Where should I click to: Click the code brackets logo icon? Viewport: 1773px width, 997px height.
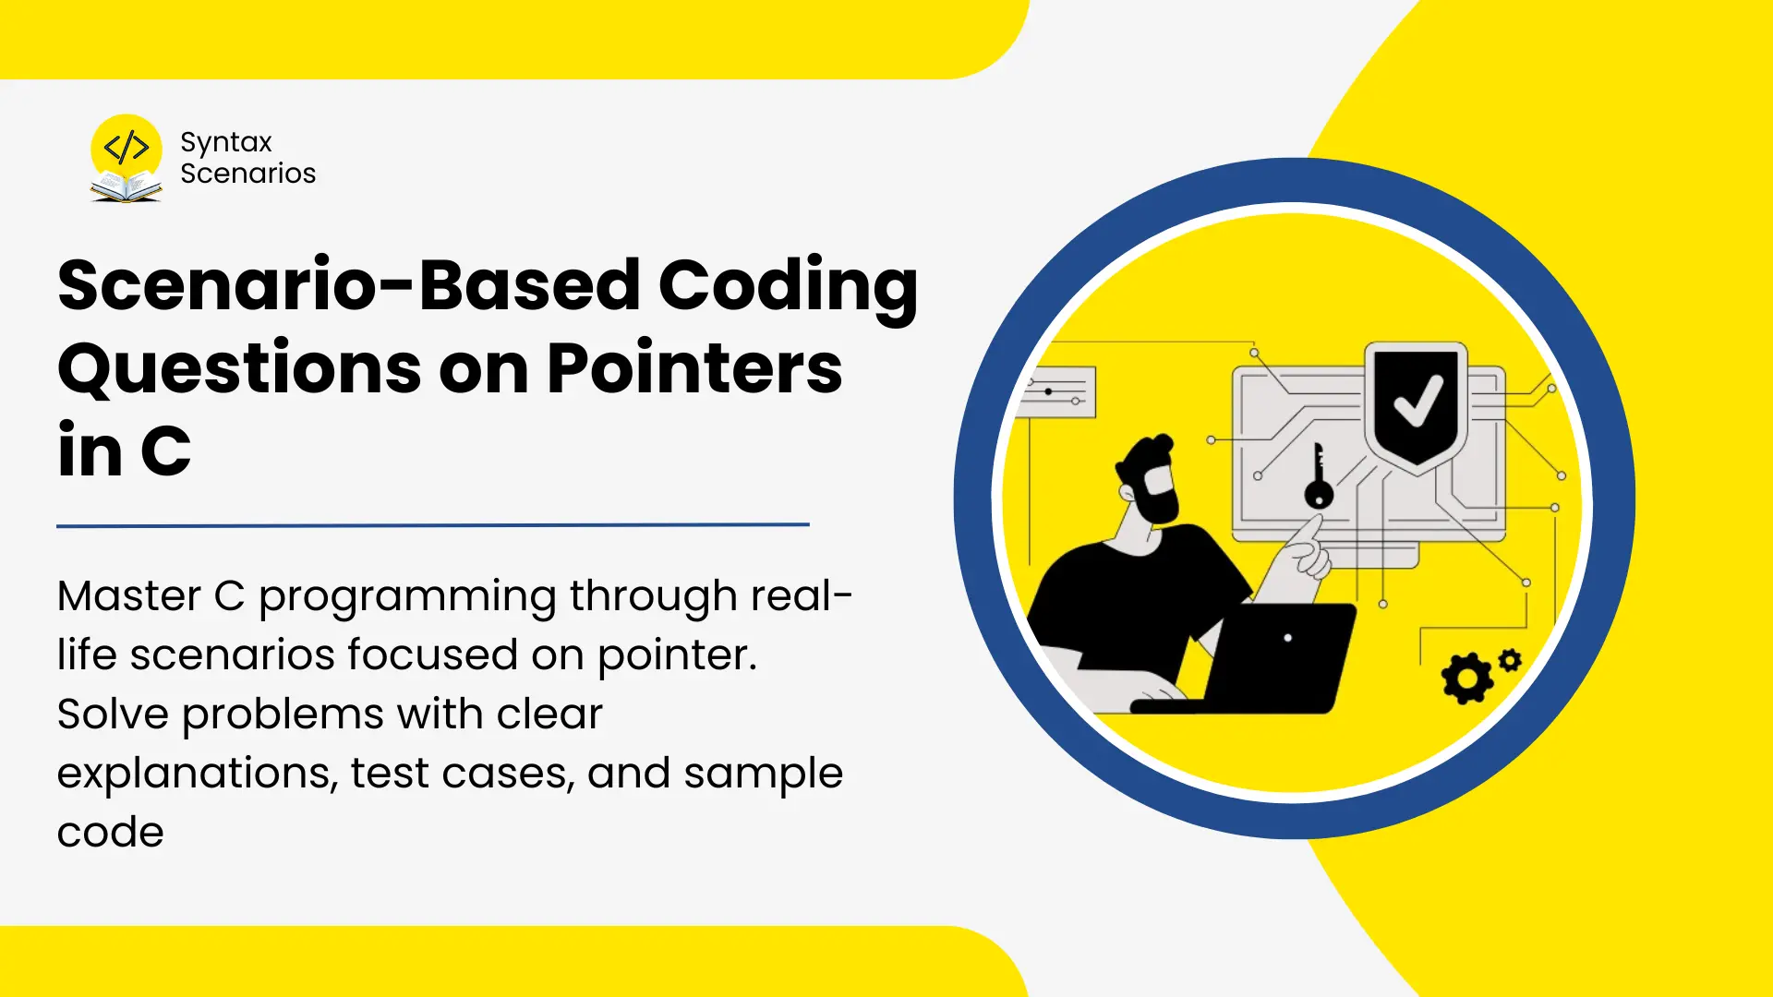click(127, 148)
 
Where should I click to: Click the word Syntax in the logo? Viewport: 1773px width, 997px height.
click(226, 142)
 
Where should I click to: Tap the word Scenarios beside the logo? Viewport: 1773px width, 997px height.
click(247, 174)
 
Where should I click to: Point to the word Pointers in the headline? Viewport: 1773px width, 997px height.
click(694, 368)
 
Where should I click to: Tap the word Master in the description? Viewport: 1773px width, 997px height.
click(129, 596)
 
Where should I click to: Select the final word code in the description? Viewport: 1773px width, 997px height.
click(111, 833)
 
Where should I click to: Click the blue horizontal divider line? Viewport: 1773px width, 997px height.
click(433, 525)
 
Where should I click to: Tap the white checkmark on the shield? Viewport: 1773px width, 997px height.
click(1417, 402)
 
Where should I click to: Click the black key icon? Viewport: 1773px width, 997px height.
click(1319, 475)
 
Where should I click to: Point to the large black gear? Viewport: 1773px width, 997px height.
click(1466, 679)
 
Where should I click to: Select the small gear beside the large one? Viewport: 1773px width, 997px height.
click(1510, 660)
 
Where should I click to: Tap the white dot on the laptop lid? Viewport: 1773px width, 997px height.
click(1288, 638)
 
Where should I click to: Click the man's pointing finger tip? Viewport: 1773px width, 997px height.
click(1318, 519)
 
